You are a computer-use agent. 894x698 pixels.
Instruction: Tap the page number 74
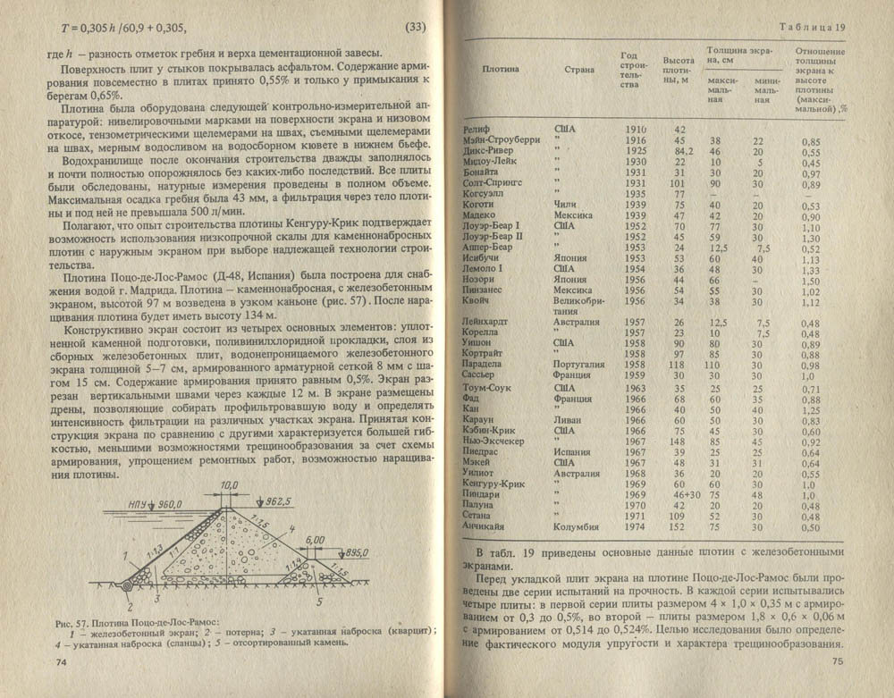(x=62, y=662)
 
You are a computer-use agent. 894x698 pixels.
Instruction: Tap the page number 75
(x=837, y=661)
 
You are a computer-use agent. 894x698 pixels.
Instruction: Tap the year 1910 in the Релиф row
(x=636, y=131)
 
